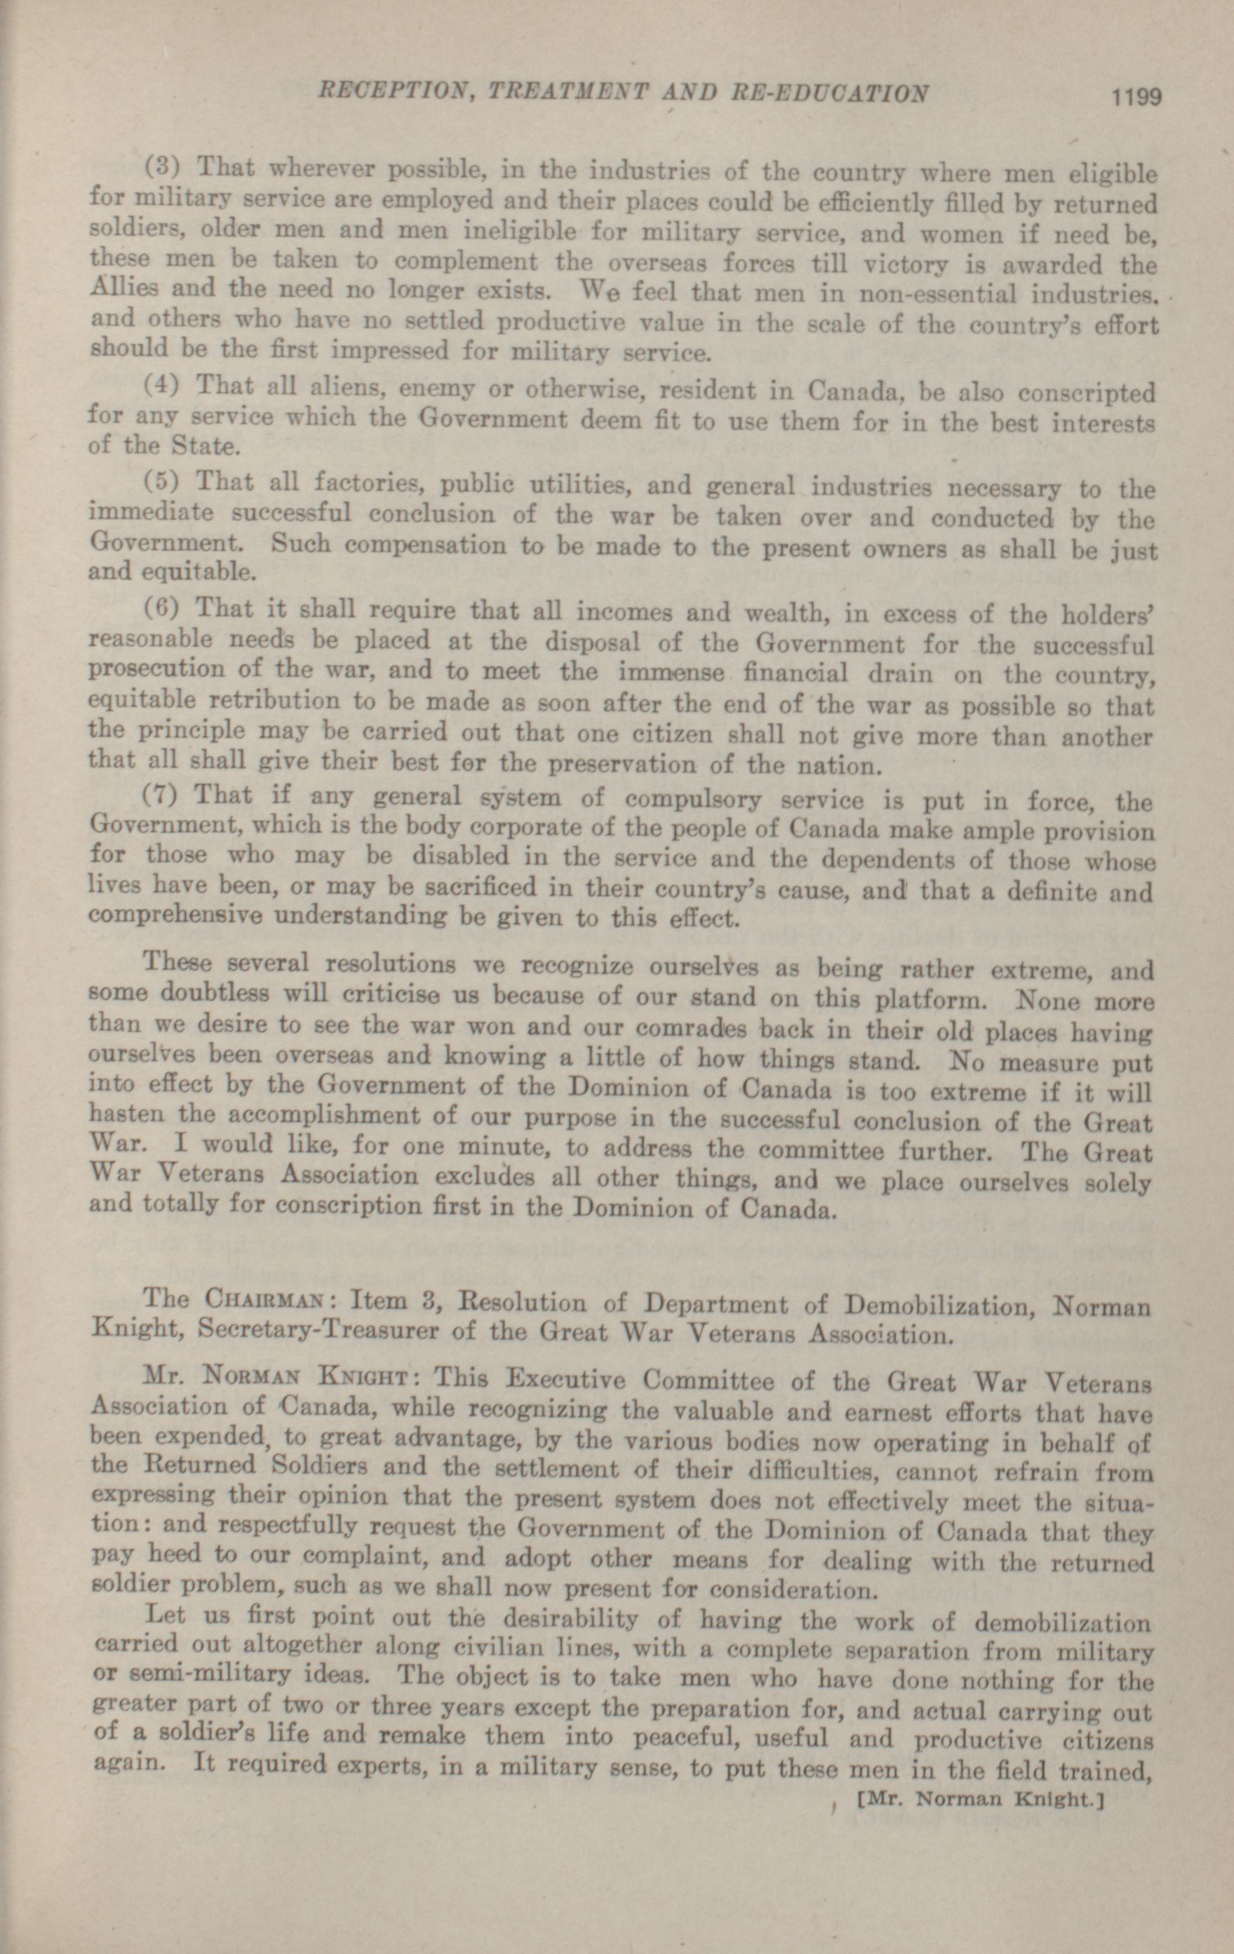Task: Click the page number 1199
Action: (x=1137, y=97)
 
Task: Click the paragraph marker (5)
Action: (x=166, y=480)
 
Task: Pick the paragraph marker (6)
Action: (x=166, y=607)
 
